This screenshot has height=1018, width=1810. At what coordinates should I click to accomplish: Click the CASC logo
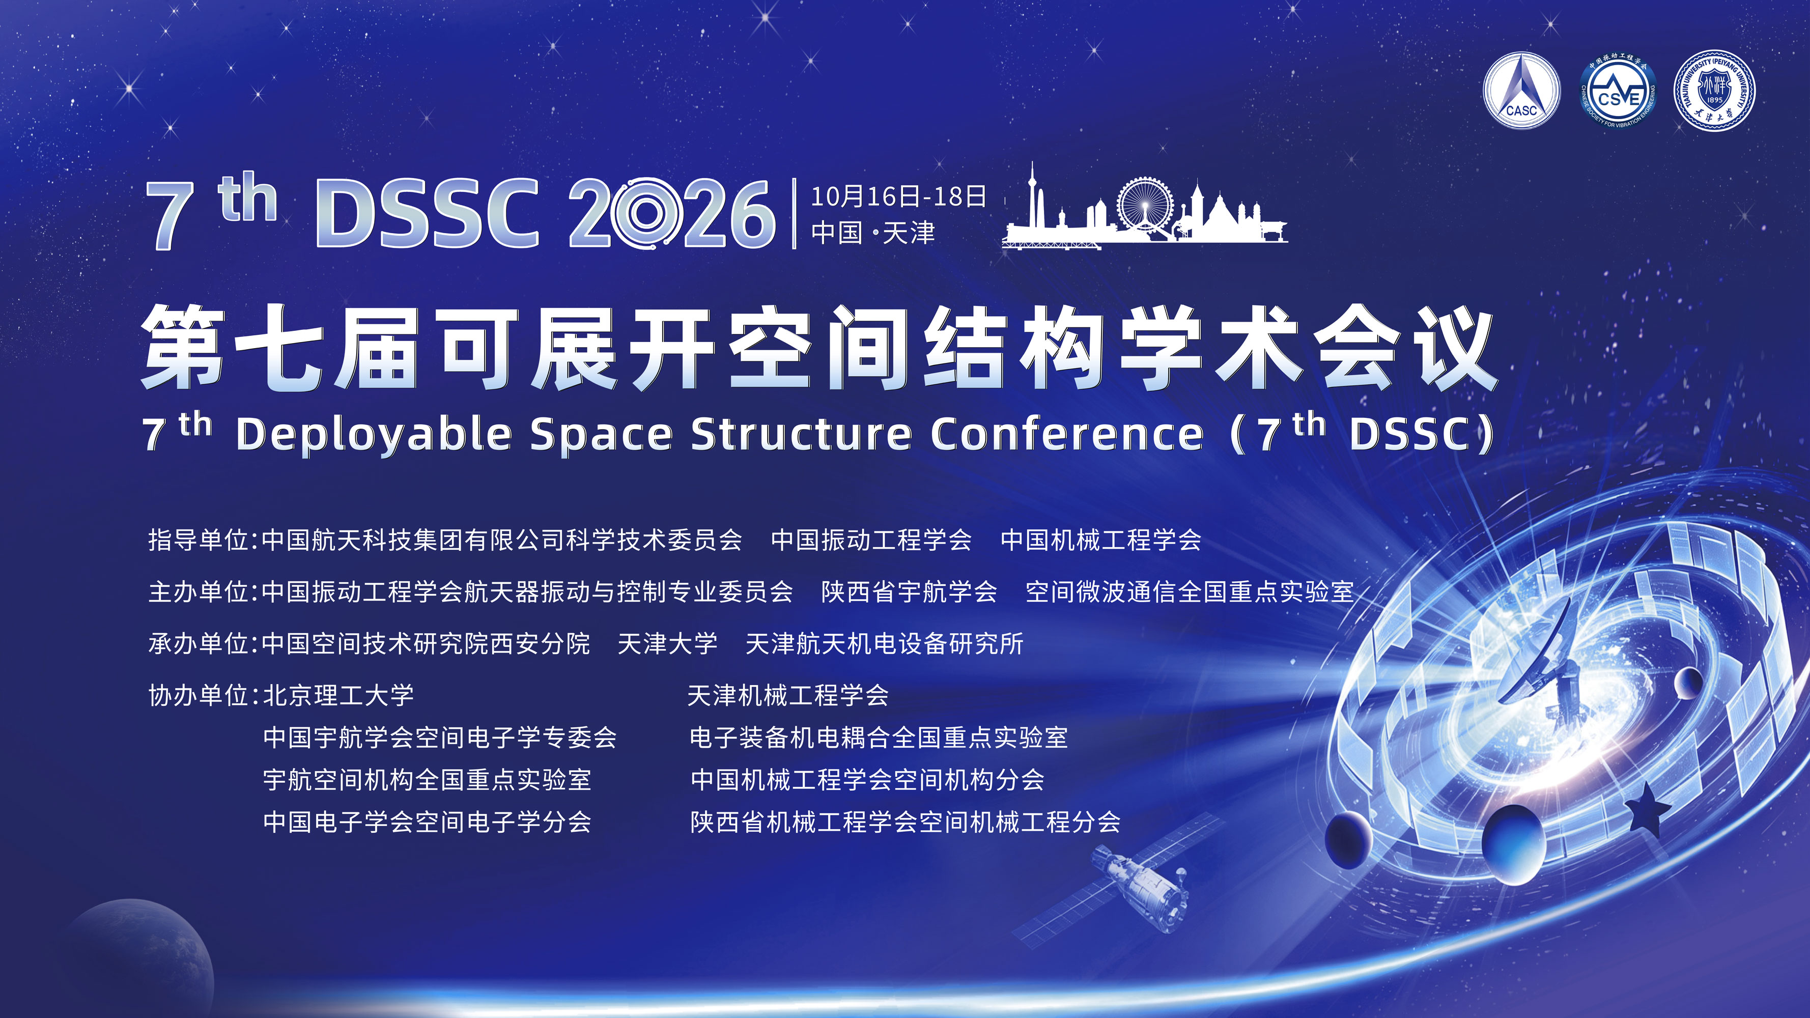(1521, 91)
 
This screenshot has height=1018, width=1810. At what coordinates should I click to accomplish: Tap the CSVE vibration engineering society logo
(1618, 91)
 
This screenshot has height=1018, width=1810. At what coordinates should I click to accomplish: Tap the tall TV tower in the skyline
(1031, 200)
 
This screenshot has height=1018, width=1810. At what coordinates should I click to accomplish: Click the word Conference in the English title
(1067, 434)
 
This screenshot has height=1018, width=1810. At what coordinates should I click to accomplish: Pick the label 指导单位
(199, 540)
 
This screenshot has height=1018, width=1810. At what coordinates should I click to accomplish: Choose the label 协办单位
(199, 695)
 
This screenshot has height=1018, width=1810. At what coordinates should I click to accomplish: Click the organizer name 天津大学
(667, 643)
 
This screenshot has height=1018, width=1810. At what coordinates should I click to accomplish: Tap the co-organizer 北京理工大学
(338, 695)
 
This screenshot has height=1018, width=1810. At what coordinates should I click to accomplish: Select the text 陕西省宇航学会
(909, 591)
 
